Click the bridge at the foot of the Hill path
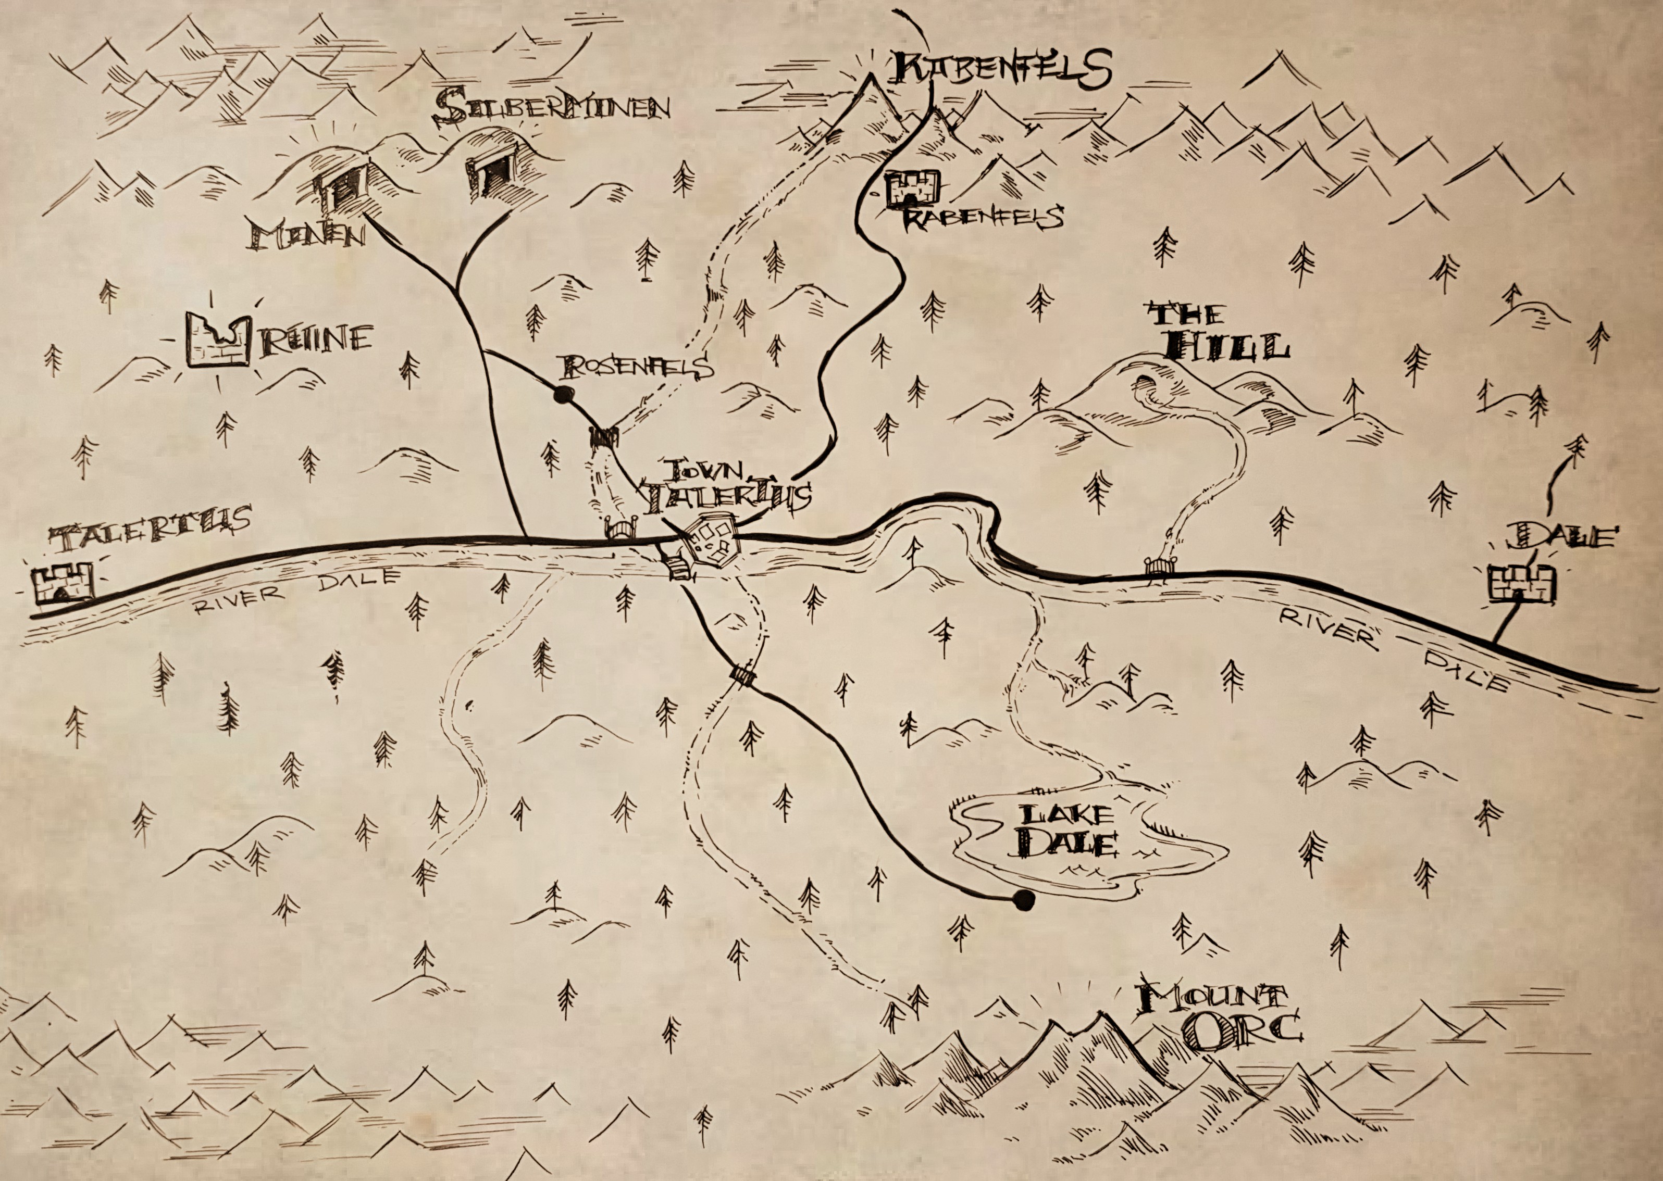point(1157,567)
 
